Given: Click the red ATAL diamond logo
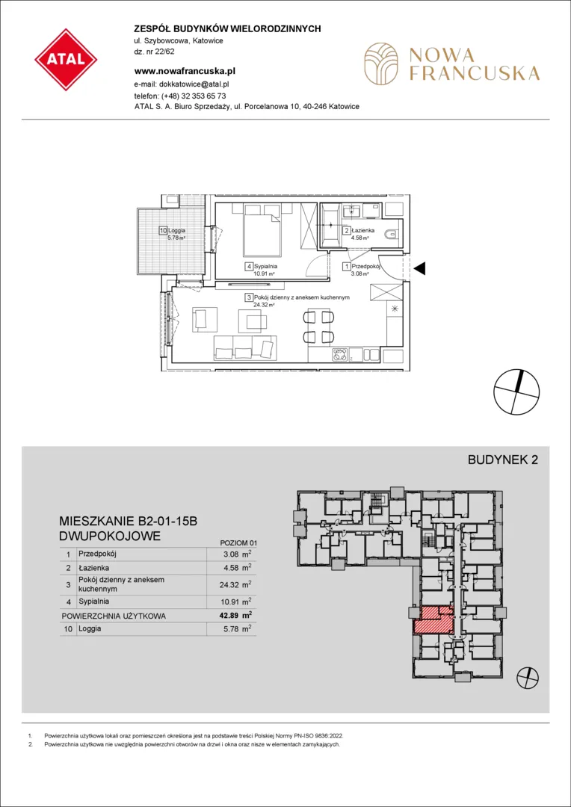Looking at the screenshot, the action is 66,61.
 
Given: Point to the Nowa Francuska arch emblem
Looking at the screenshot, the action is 380,64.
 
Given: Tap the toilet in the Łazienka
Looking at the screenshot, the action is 394,235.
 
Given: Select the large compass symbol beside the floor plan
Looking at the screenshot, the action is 516,392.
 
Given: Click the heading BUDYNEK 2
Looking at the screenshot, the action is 502,460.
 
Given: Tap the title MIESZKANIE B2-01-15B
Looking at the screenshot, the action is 129,522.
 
